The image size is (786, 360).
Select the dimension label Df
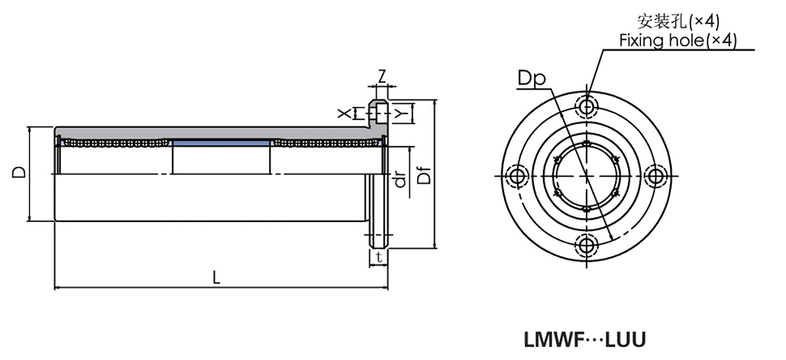[423, 174]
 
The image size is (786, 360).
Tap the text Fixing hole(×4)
[677, 41]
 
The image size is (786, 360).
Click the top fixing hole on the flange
[587, 106]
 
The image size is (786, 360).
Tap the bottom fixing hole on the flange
[587, 245]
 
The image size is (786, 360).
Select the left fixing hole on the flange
[517, 175]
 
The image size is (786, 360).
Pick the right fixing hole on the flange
[656, 175]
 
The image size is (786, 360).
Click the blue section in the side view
[221, 144]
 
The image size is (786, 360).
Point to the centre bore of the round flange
[587, 175]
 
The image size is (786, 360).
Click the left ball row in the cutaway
[113, 144]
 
